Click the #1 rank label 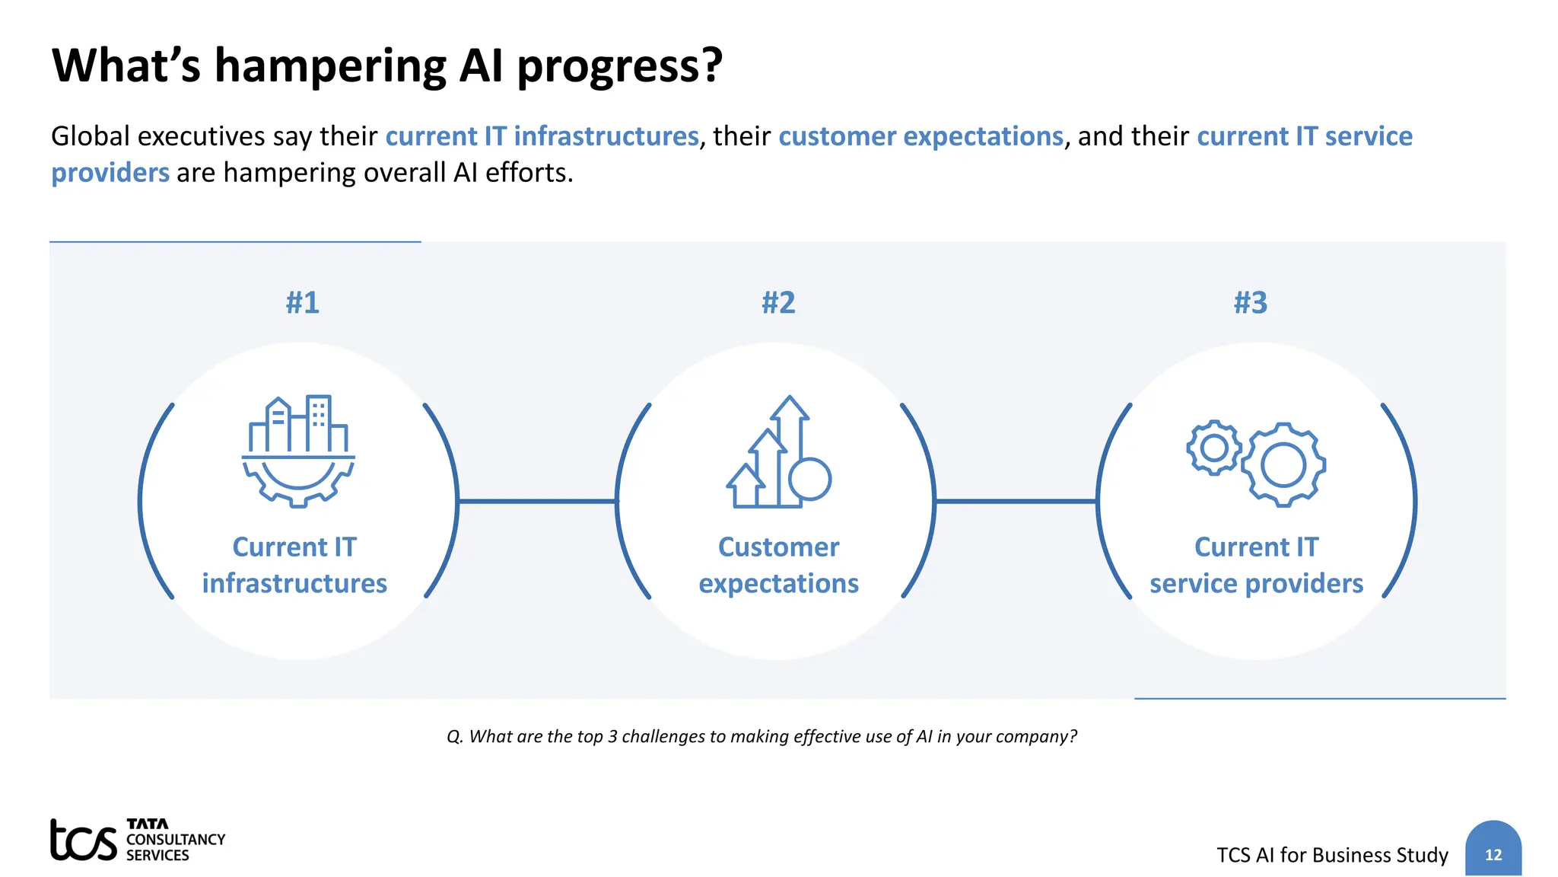point(302,302)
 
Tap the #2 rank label point(778,302)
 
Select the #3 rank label point(1251,302)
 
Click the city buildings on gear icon point(298,450)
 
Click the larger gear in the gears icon point(1283,465)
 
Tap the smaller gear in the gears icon point(1213,448)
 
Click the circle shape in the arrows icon point(809,479)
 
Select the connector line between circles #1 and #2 point(537,501)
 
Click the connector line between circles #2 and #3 point(1016,501)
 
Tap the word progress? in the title point(619,66)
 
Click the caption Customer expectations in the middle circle point(778,565)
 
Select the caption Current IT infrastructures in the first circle point(294,565)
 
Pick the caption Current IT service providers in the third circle point(1256,565)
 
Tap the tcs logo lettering point(83,840)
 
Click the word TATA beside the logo point(148,824)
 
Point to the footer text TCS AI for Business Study point(1332,855)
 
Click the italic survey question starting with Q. point(762,736)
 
